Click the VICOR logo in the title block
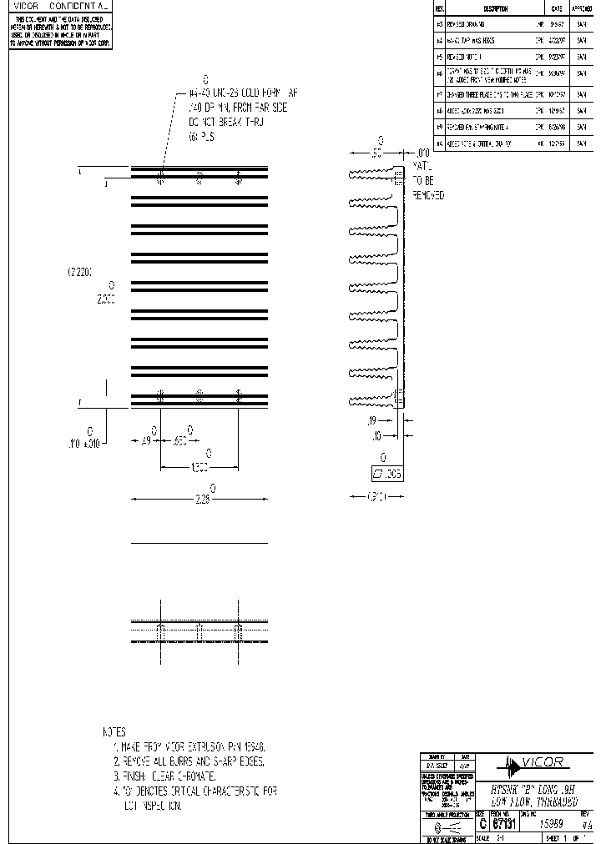(535, 761)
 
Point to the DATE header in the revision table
(556, 7)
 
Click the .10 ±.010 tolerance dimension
(83, 444)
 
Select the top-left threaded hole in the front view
(161, 176)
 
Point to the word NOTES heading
(114, 731)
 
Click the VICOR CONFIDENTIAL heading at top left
(59, 6)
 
